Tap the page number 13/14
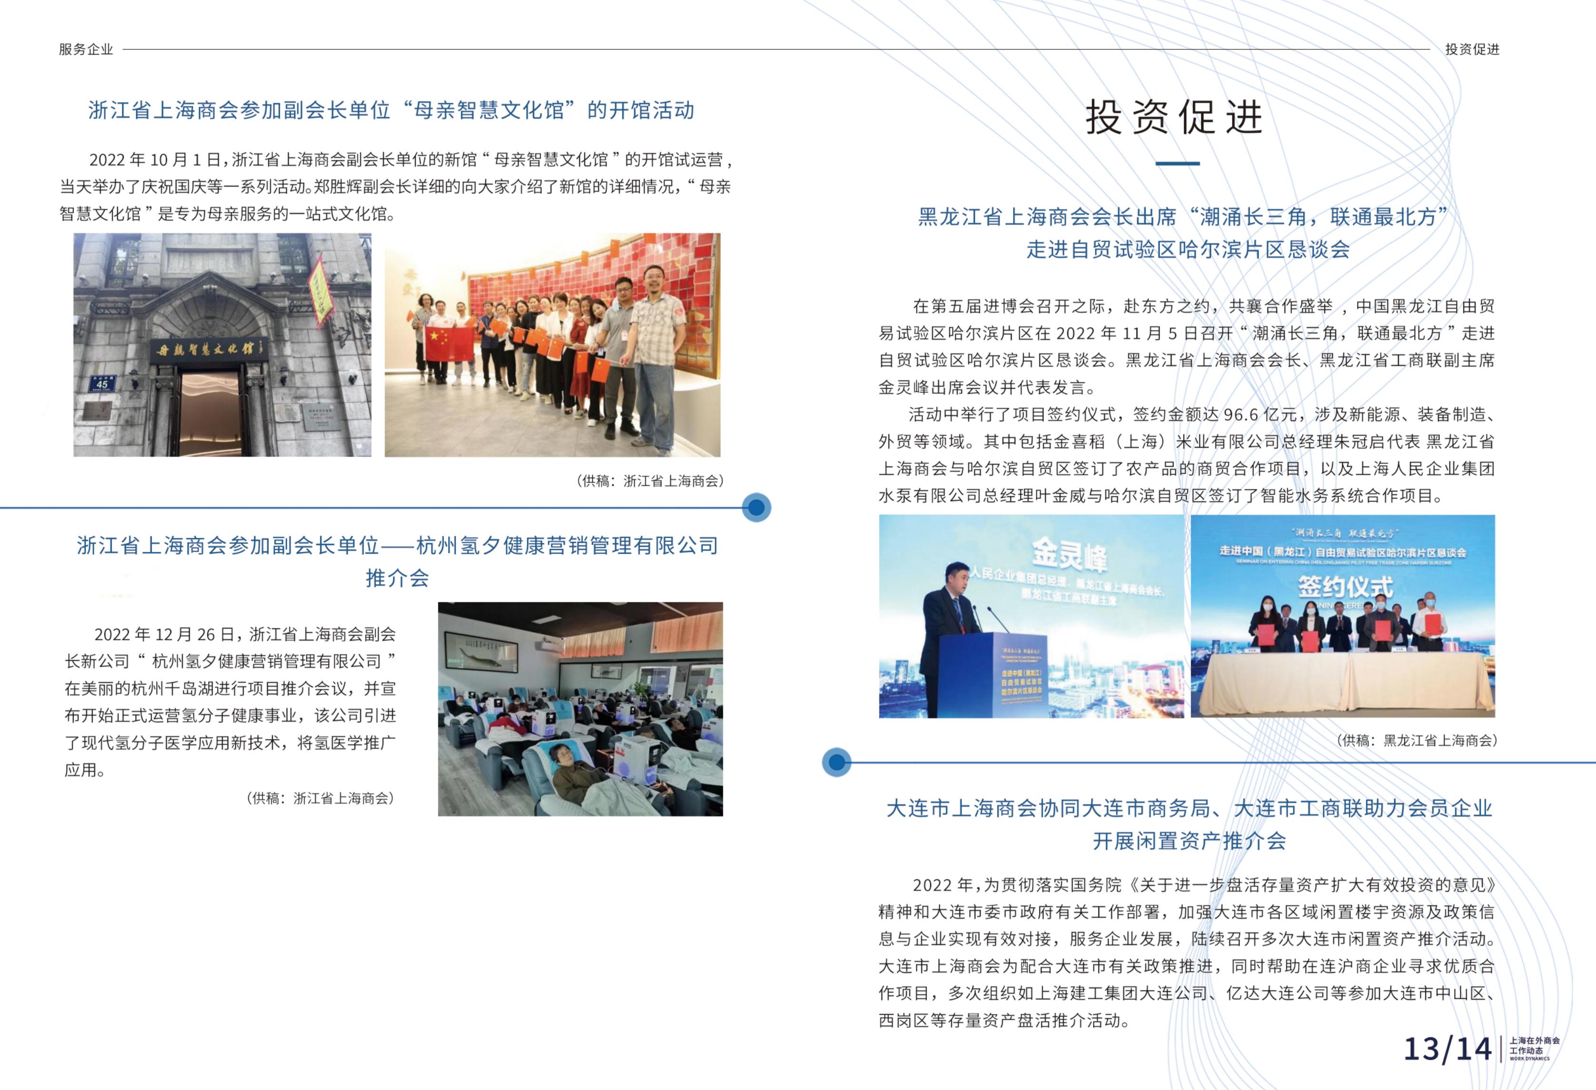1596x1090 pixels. point(1448,1049)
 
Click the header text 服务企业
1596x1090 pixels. point(86,49)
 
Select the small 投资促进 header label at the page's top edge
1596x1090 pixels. point(1472,49)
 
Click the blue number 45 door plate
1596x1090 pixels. point(102,383)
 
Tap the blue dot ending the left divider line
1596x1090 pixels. point(756,508)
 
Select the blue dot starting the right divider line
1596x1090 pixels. point(837,762)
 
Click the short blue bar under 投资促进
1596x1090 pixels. point(1177,164)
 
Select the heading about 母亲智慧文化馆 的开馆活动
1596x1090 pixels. point(392,110)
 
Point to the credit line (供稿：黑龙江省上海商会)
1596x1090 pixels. point(1417,740)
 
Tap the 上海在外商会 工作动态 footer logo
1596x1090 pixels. point(1534,1049)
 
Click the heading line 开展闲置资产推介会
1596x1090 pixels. point(1189,840)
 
